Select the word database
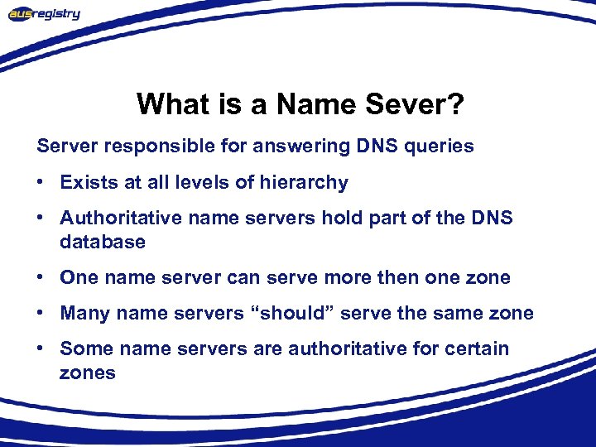103,242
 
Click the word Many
85,313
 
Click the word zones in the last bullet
88,372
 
